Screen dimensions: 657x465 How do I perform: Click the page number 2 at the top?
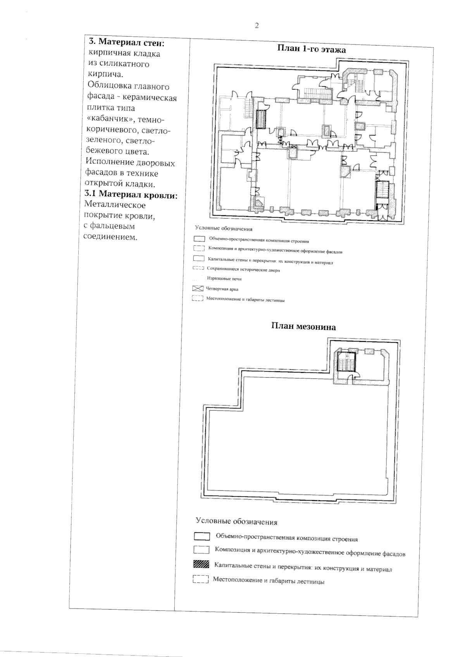(x=257, y=26)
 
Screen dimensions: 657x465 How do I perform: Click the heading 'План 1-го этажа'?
(x=311, y=49)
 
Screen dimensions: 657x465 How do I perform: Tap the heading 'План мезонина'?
(x=303, y=327)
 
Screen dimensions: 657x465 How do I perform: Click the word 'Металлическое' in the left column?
(x=115, y=205)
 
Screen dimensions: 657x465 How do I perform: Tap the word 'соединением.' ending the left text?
(x=110, y=237)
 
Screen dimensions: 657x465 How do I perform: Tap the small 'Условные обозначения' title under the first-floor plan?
(x=224, y=229)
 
